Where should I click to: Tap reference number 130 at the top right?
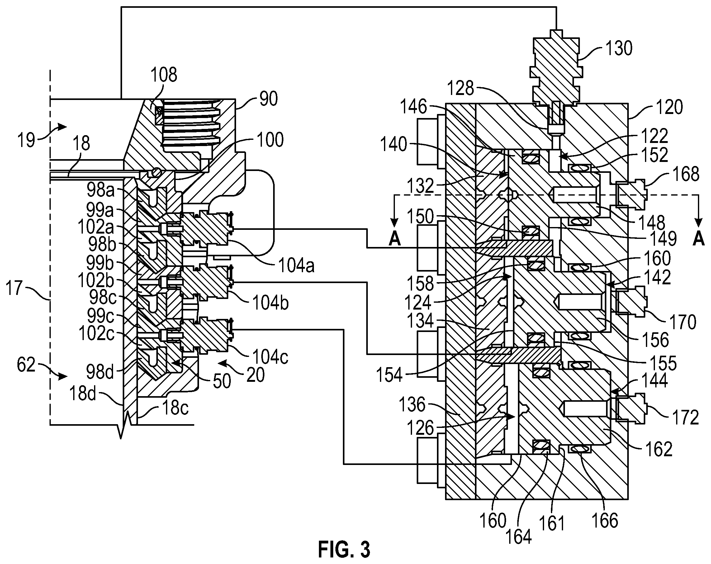[x=619, y=48]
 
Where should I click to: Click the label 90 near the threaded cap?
[x=268, y=99]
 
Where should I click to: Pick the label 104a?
[x=296, y=266]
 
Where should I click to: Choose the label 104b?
[x=270, y=303]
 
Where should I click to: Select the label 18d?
[x=83, y=393]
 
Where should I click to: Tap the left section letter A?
[x=395, y=239]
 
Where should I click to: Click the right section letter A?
[x=698, y=239]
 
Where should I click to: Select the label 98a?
[x=101, y=190]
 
